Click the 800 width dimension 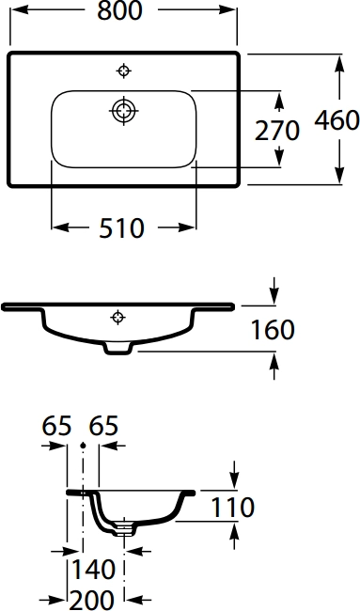pyautogui.click(x=123, y=11)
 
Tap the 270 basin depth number pyautogui.click(x=276, y=130)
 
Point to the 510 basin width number pyautogui.click(x=122, y=227)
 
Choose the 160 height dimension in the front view pyautogui.click(x=274, y=330)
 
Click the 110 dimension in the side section pyautogui.click(x=232, y=508)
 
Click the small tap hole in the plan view pyautogui.click(x=123, y=70)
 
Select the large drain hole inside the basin pyautogui.click(x=122, y=110)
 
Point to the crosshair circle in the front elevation pyautogui.click(x=117, y=315)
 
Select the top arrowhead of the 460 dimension pyautogui.click(x=337, y=58)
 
